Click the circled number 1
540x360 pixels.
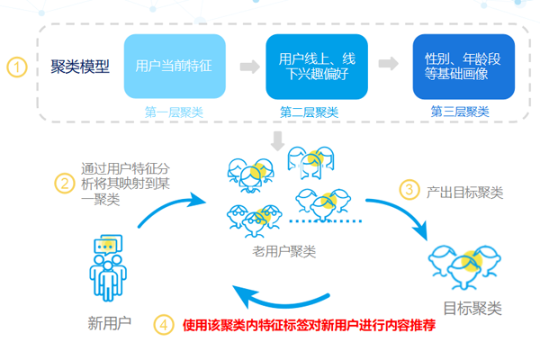[17, 67]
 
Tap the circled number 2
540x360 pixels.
[63, 183]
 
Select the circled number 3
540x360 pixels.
[409, 189]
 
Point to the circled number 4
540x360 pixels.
[163, 325]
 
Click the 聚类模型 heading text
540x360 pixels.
[81, 67]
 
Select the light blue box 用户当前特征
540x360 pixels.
[174, 67]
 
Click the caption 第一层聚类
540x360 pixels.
[173, 112]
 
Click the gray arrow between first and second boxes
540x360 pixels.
[246, 66]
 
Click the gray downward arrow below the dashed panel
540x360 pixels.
[279, 140]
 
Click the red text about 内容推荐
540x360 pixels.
[310, 326]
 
